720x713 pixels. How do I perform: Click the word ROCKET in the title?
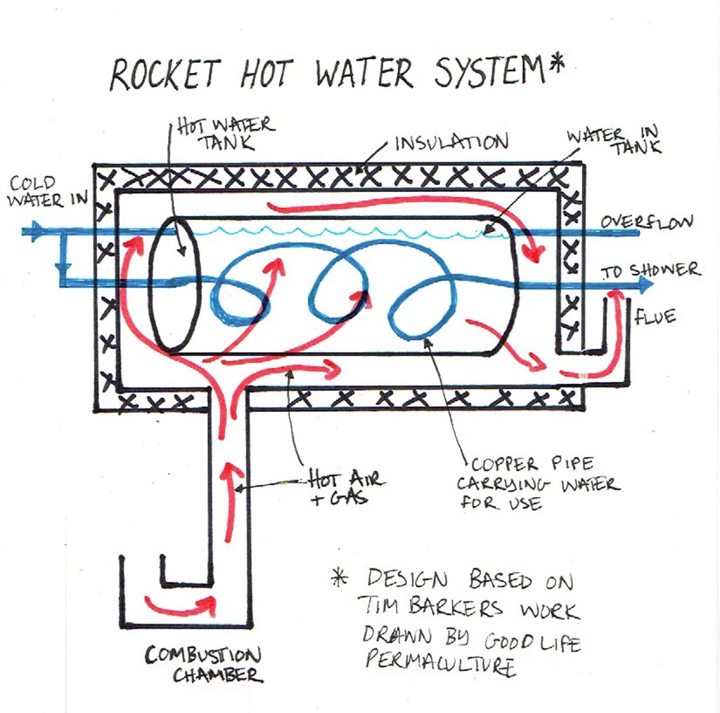tap(165, 75)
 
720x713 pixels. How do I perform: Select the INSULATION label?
tap(451, 143)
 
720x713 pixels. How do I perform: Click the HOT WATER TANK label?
tap(225, 134)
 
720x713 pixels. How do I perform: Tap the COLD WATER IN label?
tap(46, 191)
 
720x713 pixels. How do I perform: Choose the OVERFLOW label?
tap(646, 222)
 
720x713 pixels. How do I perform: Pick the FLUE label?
tap(655, 318)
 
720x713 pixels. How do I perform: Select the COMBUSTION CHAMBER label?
tap(204, 665)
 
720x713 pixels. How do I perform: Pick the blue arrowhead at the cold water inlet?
tap(34, 231)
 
